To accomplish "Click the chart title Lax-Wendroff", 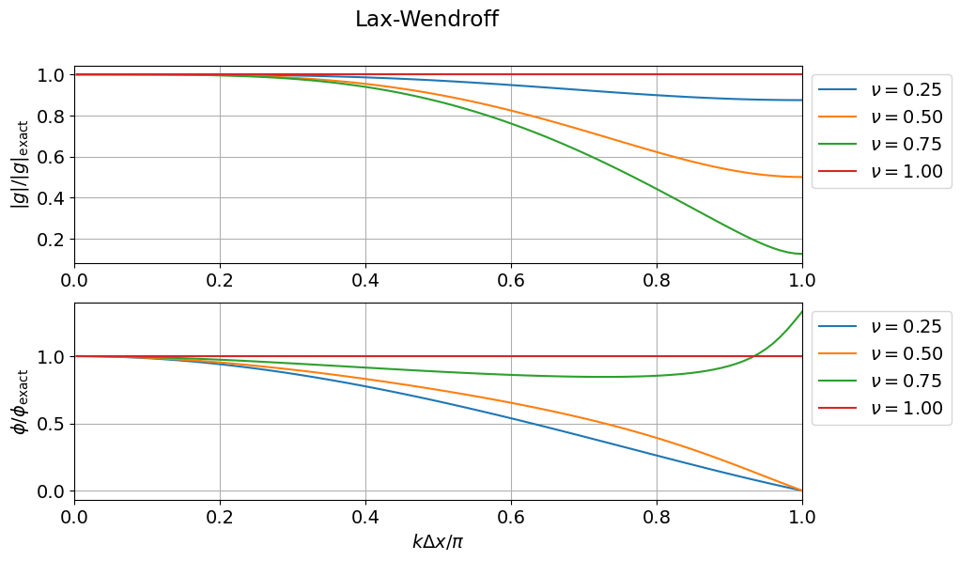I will click(426, 20).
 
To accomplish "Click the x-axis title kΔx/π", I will click(438, 541).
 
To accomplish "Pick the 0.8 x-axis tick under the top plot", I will click(657, 279).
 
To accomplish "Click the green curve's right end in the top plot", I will click(801, 254).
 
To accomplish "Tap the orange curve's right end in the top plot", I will click(801, 177).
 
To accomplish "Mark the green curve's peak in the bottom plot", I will click(801, 312).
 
